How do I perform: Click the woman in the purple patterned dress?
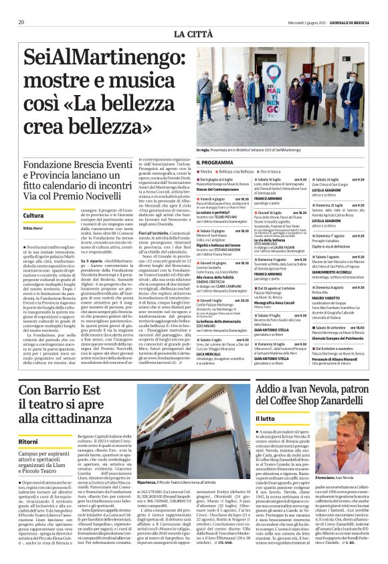(x=295, y=104)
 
